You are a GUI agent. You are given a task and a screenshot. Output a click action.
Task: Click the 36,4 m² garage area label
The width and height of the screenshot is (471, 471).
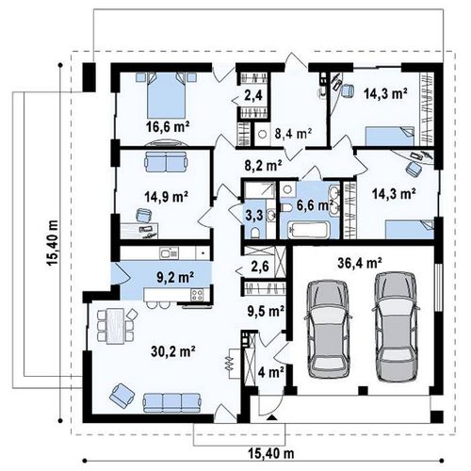pyautogui.click(x=360, y=263)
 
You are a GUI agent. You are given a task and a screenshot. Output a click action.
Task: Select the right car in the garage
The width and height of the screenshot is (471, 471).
pyautogui.click(x=396, y=327)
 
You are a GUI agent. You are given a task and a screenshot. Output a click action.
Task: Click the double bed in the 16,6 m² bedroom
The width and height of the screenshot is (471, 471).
pyautogui.click(x=166, y=95)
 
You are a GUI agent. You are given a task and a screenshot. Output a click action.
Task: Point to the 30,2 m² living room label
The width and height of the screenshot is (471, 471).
pyautogui.click(x=173, y=351)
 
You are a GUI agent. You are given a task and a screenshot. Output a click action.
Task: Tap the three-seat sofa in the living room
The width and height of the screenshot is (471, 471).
pyautogui.click(x=171, y=403)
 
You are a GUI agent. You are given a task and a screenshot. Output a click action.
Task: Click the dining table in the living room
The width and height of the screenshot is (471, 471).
pyautogui.click(x=115, y=326)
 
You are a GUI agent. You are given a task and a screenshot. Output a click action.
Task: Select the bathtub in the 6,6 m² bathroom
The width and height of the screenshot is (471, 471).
pyautogui.click(x=309, y=230)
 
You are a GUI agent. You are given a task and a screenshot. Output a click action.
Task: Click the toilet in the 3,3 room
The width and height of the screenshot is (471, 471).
pyautogui.click(x=255, y=233)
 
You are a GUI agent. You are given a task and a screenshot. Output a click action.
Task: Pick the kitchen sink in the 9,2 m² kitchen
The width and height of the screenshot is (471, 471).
pyautogui.click(x=169, y=252)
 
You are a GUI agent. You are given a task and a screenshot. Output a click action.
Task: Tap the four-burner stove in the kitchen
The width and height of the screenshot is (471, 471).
pyautogui.click(x=197, y=295)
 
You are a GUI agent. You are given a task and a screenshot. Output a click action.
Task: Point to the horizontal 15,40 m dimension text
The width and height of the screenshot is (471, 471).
pyautogui.click(x=271, y=453)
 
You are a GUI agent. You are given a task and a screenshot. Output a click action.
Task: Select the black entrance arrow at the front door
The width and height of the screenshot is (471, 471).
pyautogui.click(x=271, y=417)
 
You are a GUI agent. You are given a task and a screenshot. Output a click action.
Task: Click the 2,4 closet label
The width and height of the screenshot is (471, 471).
pyautogui.click(x=253, y=95)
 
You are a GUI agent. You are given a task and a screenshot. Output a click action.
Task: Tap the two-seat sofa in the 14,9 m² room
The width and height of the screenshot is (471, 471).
pyautogui.click(x=166, y=162)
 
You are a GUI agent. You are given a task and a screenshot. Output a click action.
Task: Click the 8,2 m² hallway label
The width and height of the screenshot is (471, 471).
pyautogui.click(x=263, y=165)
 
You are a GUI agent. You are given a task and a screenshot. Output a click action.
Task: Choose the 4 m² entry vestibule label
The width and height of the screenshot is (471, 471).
pyautogui.click(x=271, y=373)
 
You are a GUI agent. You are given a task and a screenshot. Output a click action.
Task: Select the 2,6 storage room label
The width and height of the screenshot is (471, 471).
pyautogui.click(x=260, y=267)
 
